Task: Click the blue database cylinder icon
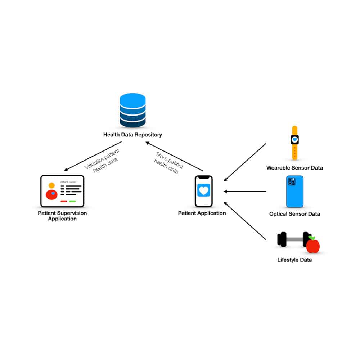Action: click(132, 110)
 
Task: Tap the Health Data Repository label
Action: click(132, 135)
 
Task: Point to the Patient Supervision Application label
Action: click(62, 216)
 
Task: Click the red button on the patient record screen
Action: click(64, 201)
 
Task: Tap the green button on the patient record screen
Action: click(72, 201)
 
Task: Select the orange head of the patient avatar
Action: click(51, 185)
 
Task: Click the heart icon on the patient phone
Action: click(204, 190)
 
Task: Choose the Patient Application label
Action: click(202, 213)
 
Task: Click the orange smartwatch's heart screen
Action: click(294, 139)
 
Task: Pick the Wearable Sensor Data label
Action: click(294, 168)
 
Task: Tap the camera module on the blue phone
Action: click(292, 181)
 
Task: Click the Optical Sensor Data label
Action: click(294, 214)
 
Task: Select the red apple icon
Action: click(313, 246)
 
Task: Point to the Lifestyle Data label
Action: click(294, 260)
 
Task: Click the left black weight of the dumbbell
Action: click(282, 239)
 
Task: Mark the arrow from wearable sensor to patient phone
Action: click(245, 162)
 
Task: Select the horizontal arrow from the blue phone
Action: click(245, 192)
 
